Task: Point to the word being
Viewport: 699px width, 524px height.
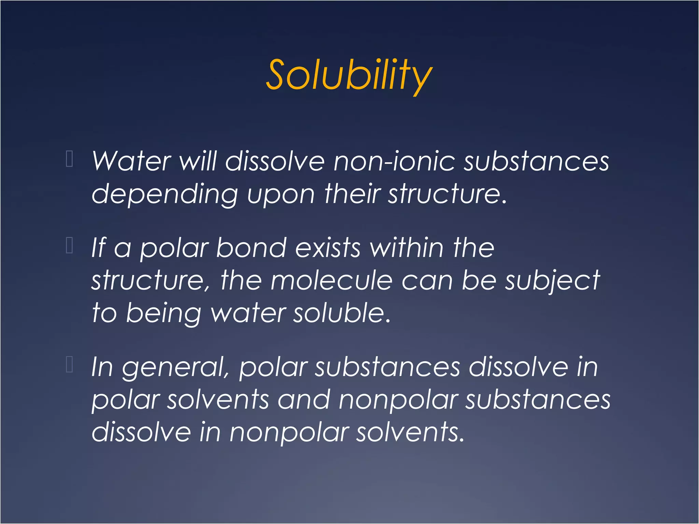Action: (x=163, y=314)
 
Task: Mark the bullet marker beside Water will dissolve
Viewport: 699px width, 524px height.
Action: (x=69, y=159)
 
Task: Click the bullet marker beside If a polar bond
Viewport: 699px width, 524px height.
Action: (x=69, y=245)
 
